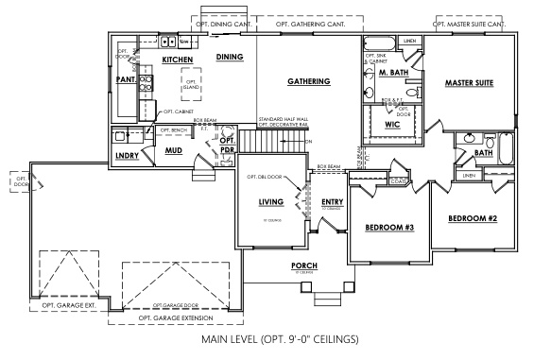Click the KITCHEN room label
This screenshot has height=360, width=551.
tap(177, 60)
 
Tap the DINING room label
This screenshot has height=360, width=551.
tap(230, 58)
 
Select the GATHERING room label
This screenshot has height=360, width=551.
tap(309, 82)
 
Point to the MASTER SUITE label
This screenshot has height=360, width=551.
tap(470, 84)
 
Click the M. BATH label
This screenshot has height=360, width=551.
tap(393, 74)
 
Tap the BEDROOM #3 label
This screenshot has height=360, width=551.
tap(387, 228)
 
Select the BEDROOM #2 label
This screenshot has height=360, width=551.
tap(473, 218)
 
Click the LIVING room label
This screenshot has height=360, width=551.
tap(271, 202)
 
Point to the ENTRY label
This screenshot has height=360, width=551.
tap(332, 202)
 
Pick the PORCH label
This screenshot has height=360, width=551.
tap(303, 266)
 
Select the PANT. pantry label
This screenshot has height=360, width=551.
tap(125, 80)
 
